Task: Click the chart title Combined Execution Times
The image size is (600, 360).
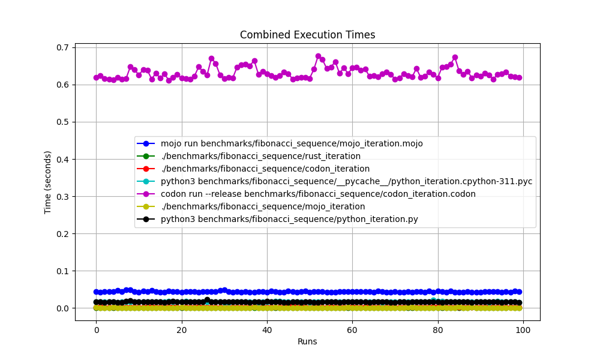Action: (307, 35)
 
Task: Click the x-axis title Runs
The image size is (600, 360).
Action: (307, 341)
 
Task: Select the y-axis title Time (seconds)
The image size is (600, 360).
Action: (48, 182)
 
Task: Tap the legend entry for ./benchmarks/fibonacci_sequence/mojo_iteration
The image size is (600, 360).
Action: (263, 206)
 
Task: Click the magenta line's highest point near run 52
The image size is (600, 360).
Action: (318, 56)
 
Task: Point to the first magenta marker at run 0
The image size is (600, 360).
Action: (96, 77)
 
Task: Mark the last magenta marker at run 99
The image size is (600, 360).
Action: (519, 77)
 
